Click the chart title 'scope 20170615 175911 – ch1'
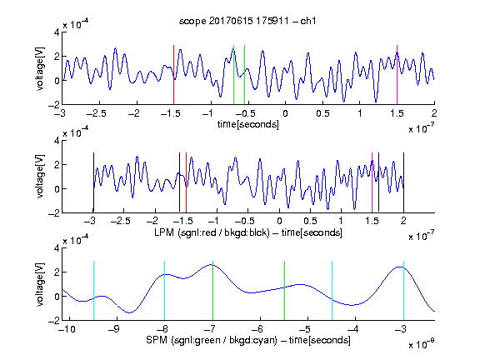coord(247,21)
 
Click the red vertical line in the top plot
coord(173,75)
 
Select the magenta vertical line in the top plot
coord(397,75)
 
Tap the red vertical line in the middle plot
coord(186,182)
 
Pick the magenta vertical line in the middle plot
coord(372,182)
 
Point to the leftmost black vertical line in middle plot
coord(93,182)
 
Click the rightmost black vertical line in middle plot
coord(403,182)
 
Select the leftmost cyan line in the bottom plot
coord(93,291)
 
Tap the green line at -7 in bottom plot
coord(212,291)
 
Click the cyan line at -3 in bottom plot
coord(403,291)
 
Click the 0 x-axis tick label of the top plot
coord(285,113)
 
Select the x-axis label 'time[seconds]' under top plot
coord(248,125)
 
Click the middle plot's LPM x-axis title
coord(248,232)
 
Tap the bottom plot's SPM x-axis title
coord(248,340)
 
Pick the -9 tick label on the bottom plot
coord(114,329)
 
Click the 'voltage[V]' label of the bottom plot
coord(40,284)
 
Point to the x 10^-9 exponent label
coord(421,344)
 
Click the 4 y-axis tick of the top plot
coord(57,32)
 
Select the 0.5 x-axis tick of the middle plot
coord(310,221)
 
